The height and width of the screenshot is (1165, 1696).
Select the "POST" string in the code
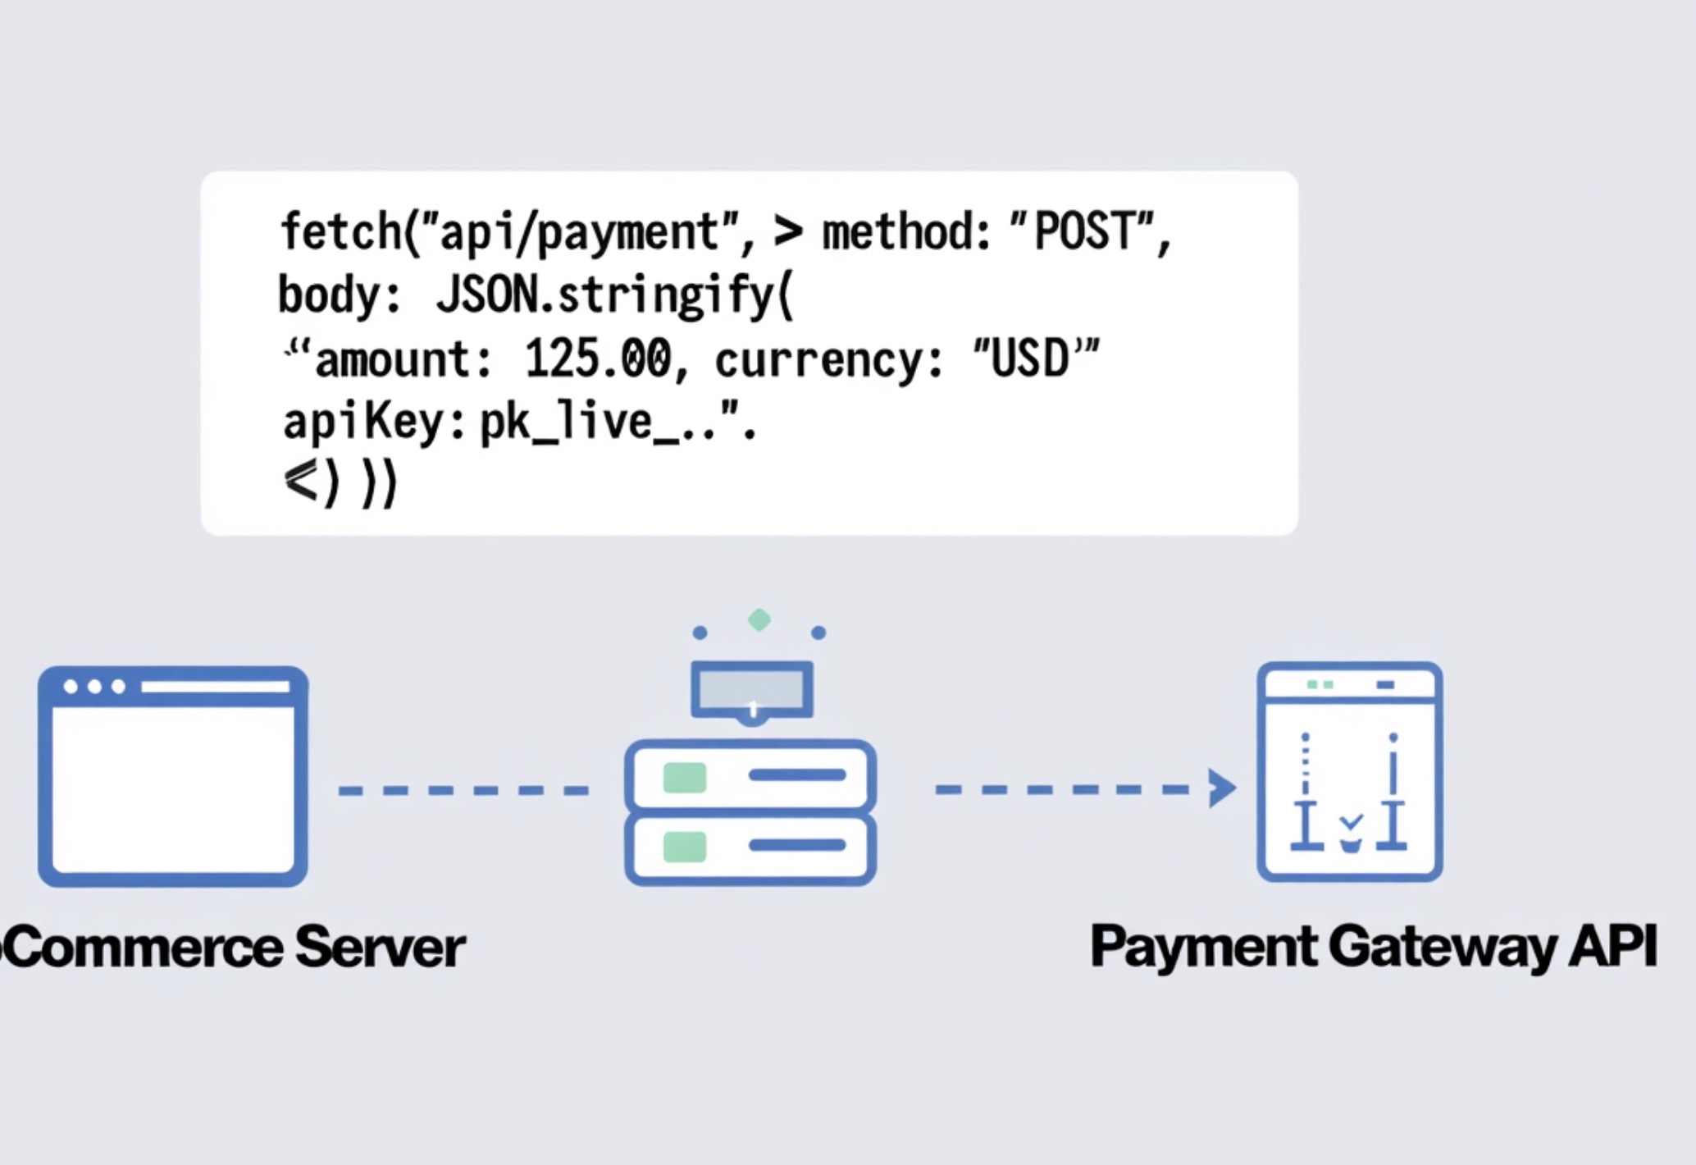click(1081, 231)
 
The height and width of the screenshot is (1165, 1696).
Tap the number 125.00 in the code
click(598, 359)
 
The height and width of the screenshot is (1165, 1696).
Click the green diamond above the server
click(759, 620)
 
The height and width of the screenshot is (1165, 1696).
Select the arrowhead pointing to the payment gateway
click(1222, 788)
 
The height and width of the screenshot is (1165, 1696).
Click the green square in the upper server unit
click(684, 777)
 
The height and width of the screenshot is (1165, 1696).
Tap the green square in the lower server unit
click(684, 846)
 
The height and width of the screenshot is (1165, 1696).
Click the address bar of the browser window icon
click(215, 687)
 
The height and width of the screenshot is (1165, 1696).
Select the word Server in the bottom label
click(380, 948)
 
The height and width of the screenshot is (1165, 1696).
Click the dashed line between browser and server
click(463, 791)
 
